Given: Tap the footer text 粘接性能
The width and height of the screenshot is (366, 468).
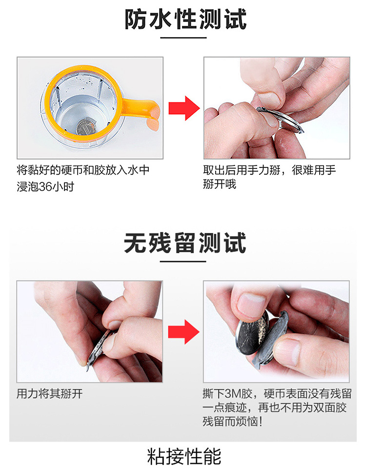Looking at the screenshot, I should [x=183, y=456].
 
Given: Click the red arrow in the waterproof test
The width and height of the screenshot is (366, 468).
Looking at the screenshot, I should [x=183, y=108].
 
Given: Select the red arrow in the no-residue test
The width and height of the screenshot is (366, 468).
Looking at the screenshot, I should [x=183, y=332].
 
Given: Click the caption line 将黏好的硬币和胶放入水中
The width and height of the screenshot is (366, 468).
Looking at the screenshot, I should [x=83, y=170].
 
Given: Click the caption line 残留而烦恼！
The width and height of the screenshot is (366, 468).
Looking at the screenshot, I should [x=233, y=422].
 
